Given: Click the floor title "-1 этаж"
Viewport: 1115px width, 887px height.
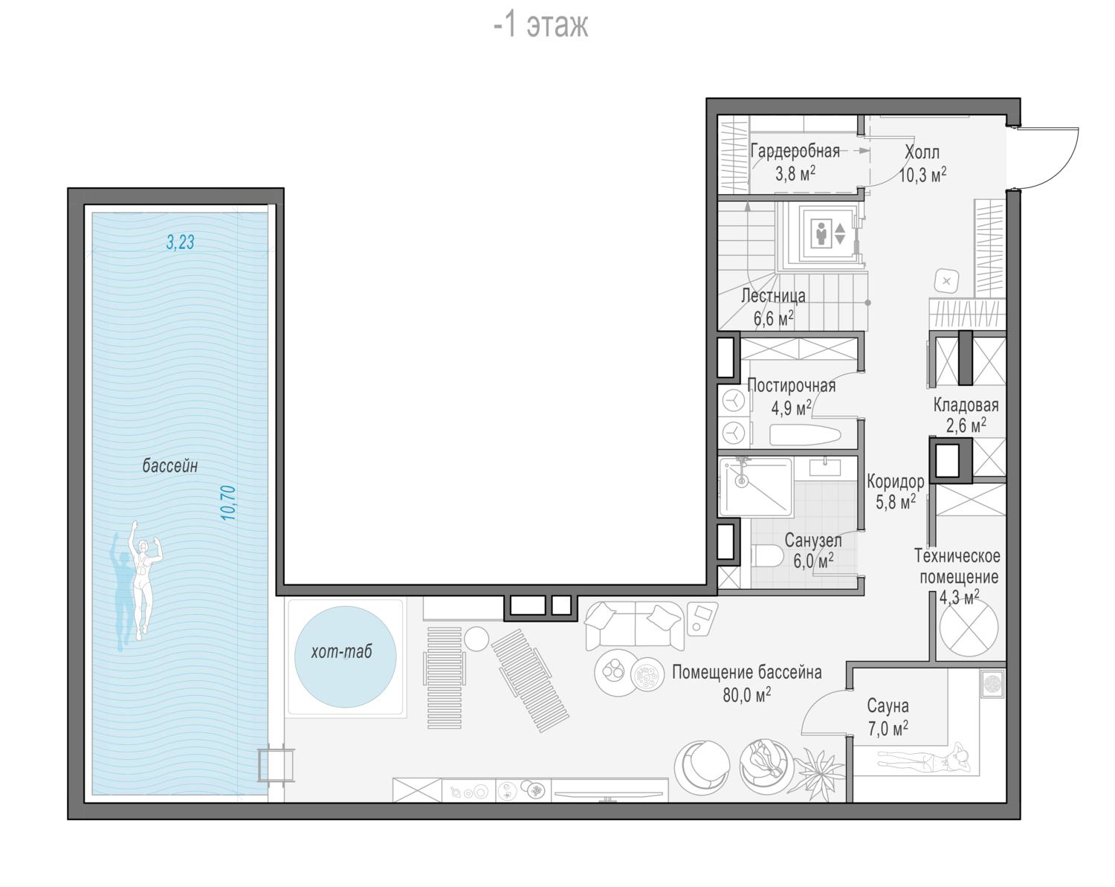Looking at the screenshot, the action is tap(541, 25).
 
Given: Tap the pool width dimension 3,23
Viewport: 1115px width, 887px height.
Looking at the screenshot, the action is tap(181, 242).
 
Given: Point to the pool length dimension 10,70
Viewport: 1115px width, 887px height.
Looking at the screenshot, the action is tap(228, 503).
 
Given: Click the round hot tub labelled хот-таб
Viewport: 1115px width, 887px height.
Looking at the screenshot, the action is tap(345, 656).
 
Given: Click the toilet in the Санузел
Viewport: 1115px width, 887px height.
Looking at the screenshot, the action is tap(767, 555).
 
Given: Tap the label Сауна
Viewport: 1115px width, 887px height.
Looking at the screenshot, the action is tap(888, 706).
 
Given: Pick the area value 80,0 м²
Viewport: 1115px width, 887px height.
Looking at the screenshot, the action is tap(746, 694).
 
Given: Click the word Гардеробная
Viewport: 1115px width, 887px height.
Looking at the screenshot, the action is tap(795, 151).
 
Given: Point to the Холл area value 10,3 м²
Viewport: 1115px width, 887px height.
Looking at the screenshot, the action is tap(922, 175).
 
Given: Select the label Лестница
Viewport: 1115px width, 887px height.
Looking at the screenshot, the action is tap(773, 295).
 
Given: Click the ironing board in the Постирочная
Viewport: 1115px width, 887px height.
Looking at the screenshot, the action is tap(805, 435).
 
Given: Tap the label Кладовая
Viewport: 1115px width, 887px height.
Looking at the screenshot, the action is tap(966, 405).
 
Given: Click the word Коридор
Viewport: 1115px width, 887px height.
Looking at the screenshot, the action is tap(895, 482).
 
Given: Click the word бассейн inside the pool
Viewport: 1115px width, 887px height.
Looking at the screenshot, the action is tap(170, 465).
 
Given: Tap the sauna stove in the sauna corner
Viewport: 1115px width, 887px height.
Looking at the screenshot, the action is tap(992, 683).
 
